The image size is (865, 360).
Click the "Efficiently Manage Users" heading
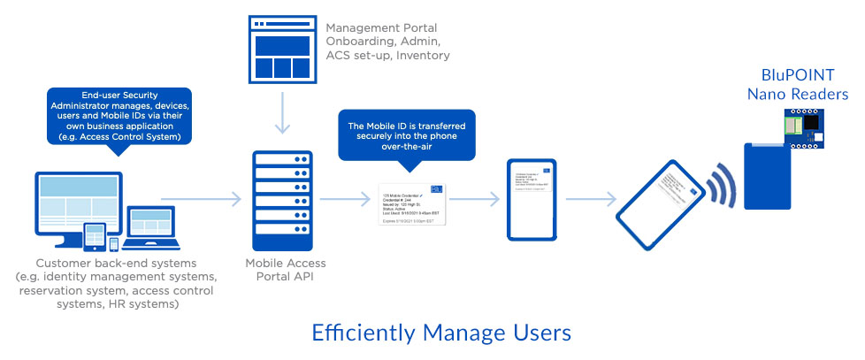(x=441, y=333)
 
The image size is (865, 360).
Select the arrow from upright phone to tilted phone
(x=592, y=200)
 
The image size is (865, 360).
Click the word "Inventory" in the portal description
(x=424, y=56)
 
